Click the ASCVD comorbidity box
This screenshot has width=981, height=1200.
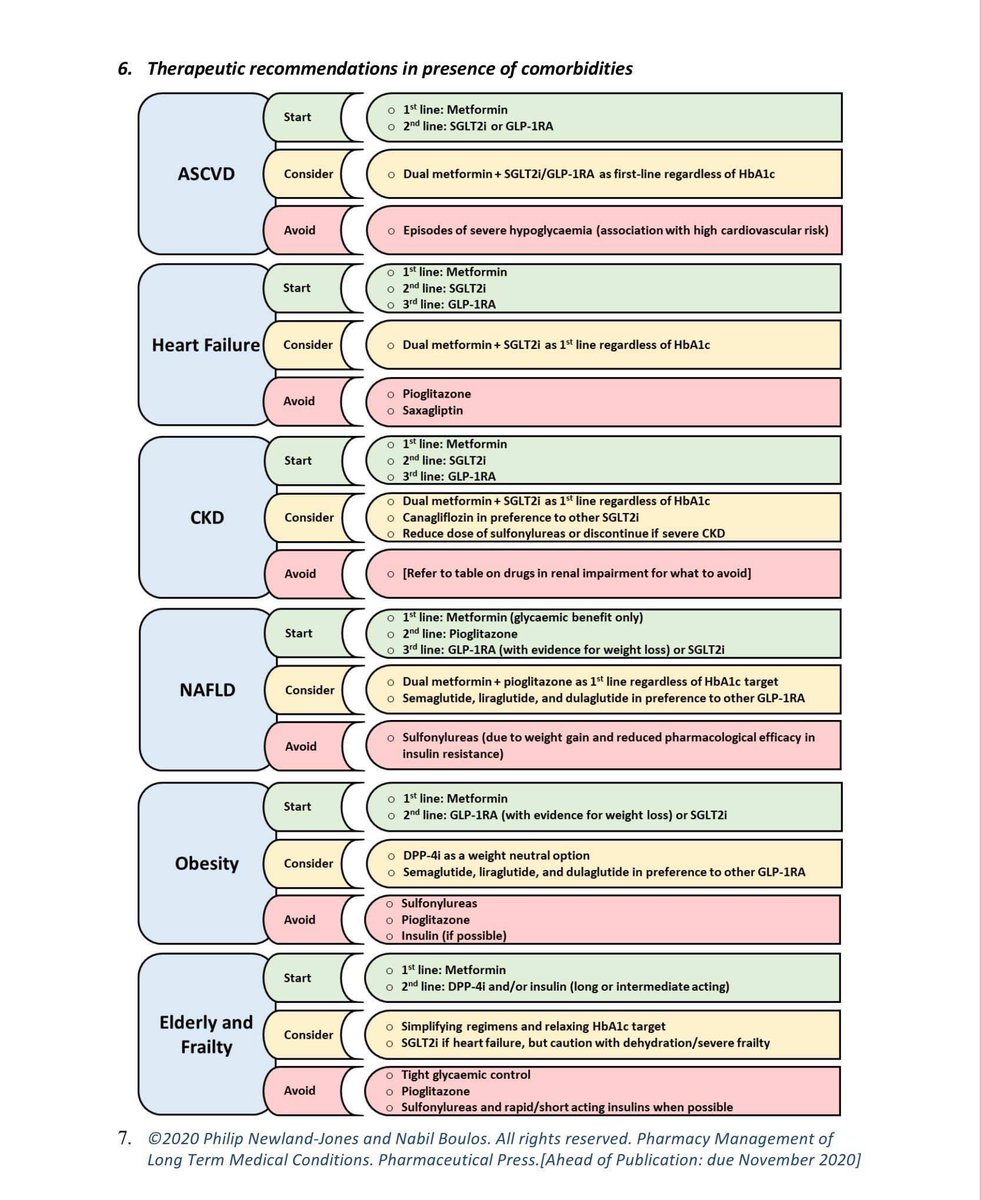[205, 174]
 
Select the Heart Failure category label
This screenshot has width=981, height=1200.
[205, 345]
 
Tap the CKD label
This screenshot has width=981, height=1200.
[206, 517]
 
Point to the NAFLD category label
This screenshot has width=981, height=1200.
[206, 689]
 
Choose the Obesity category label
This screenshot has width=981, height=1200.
[206, 863]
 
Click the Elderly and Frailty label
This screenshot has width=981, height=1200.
[206, 1035]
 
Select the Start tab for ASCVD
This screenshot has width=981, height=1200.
[297, 117]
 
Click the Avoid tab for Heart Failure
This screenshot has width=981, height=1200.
[299, 401]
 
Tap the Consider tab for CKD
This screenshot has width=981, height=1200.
[307, 517]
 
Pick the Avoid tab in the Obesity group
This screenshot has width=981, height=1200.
[299, 920]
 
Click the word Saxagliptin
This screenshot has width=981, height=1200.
[433, 411]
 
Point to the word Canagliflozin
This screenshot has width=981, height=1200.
[444, 517]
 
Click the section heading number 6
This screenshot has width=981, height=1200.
[125, 69]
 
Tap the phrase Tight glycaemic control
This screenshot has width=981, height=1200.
[466, 1075]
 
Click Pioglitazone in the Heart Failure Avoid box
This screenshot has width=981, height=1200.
[436, 394]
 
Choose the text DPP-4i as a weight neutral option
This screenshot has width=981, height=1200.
[496, 856]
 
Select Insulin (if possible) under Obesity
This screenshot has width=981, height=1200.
[454, 936]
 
